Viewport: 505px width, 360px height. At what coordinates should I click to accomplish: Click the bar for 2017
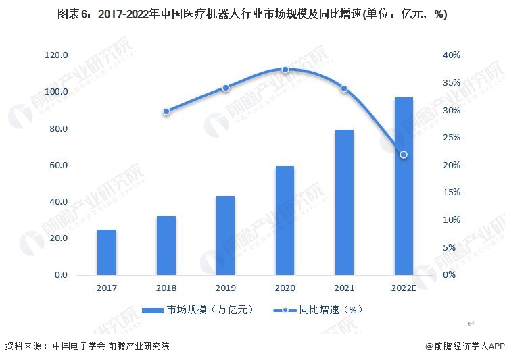[107, 252]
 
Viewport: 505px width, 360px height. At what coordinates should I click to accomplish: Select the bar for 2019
[225, 235]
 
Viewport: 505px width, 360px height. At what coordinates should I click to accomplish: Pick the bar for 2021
[344, 202]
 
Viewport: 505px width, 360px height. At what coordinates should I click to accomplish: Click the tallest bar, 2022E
[404, 186]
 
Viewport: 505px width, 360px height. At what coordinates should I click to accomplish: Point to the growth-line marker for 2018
[166, 111]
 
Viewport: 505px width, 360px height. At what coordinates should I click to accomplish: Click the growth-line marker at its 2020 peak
[285, 70]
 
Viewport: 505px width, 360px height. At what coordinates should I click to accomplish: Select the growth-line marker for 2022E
[404, 155]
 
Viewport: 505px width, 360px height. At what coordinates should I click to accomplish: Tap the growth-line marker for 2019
[226, 88]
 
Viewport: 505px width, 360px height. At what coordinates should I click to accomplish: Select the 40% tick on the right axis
[452, 55]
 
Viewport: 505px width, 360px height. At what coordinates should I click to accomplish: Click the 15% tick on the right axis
[452, 192]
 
